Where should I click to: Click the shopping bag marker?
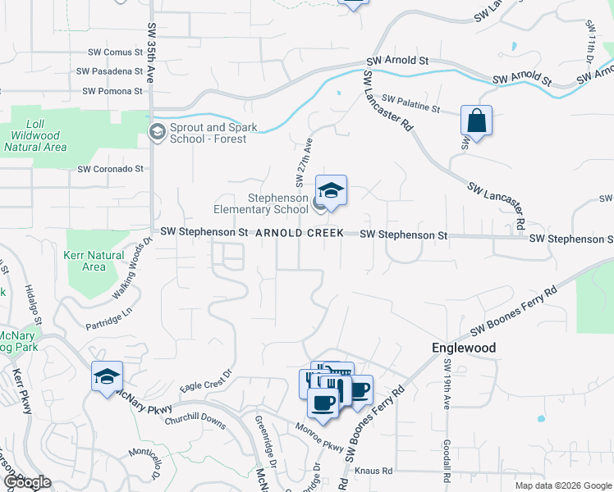[476, 121]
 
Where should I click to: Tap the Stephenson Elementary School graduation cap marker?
[331, 192]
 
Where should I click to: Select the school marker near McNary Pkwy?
[107, 377]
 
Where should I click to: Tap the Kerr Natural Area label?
[94, 261]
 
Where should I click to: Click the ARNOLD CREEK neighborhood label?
[299, 234]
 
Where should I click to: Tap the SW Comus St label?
[113, 52]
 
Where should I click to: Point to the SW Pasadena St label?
[110, 71]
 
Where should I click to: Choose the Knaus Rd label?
[373, 471]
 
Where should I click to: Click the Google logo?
[26, 482]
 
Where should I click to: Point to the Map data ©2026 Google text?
[562, 485]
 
